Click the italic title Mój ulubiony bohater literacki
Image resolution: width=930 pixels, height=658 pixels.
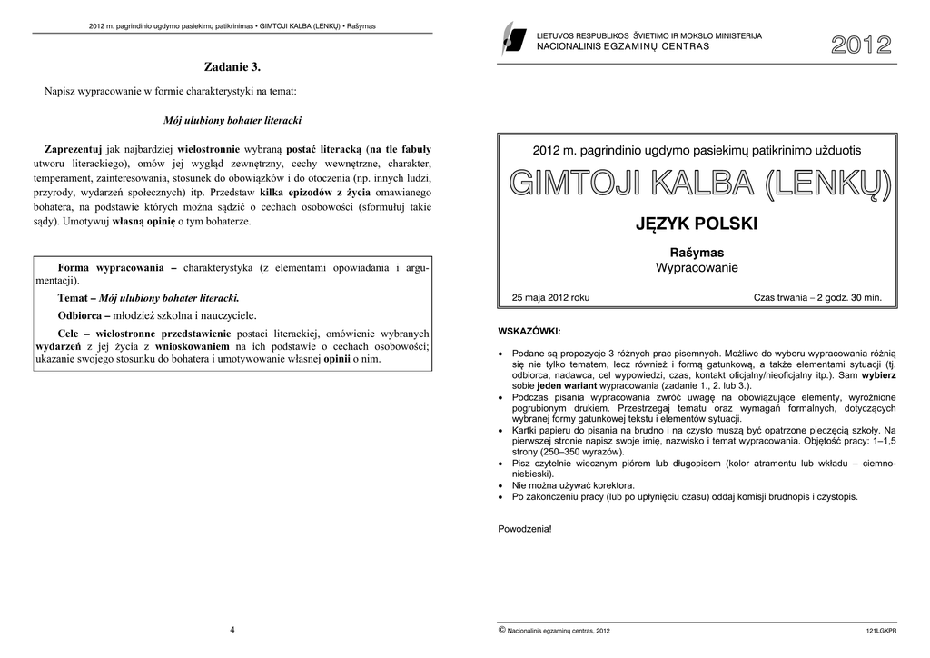[x=232, y=120]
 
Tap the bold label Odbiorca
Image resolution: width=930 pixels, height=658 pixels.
[x=82, y=315]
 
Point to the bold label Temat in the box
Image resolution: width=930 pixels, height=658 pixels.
[x=73, y=298]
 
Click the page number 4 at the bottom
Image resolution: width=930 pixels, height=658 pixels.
[x=232, y=629]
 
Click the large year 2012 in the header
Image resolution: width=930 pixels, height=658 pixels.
[x=860, y=46]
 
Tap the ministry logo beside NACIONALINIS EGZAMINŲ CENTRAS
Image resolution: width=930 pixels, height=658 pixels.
[x=514, y=41]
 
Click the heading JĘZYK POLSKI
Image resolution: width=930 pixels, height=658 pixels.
[x=697, y=224]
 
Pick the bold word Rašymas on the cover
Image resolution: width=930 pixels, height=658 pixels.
[x=697, y=253]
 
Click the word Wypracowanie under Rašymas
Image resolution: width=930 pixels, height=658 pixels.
[x=697, y=268]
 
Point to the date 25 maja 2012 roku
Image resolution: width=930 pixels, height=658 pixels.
[x=550, y=297]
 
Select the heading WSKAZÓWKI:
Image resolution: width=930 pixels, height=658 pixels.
[x=529, y=330]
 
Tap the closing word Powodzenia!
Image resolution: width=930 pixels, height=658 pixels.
[x=525, y=528]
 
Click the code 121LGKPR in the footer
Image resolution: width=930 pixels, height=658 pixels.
[x=880, y=630]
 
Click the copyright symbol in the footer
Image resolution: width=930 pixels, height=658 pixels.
[x=502, y=629]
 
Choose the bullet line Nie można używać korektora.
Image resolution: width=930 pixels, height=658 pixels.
[x=573, y=485]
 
